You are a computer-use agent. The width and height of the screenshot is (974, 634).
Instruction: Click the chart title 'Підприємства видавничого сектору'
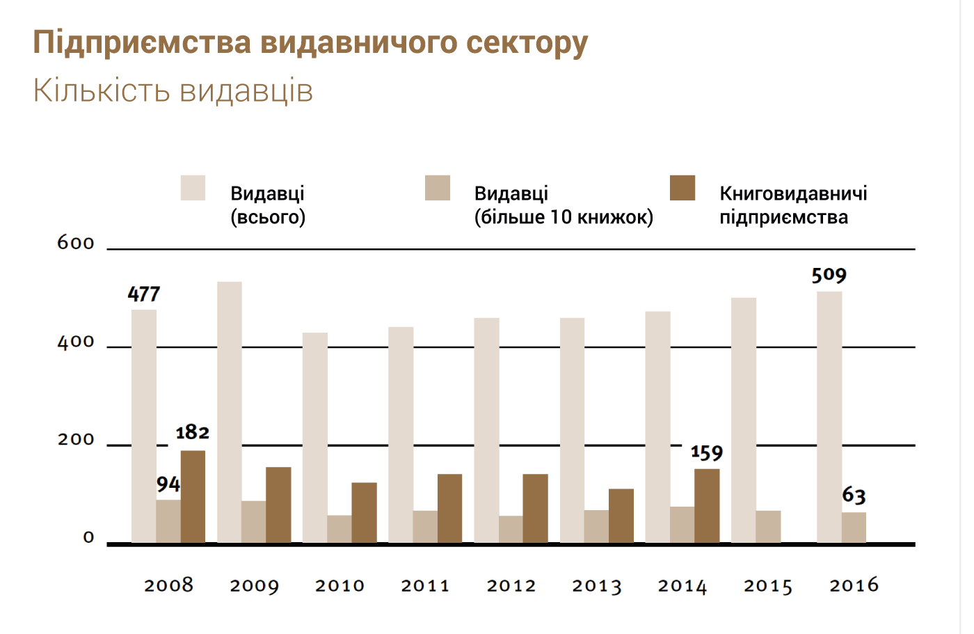coord(310,42)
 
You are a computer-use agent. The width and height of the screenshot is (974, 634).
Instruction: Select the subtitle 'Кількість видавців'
coord(173,90)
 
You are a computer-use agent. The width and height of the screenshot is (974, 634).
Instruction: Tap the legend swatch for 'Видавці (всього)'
coord(193,188)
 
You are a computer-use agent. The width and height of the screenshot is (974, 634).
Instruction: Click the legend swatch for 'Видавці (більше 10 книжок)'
coord(438,188)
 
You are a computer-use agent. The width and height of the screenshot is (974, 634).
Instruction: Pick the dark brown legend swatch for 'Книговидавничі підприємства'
coord(682,188)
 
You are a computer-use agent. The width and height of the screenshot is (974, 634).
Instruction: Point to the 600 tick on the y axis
coord(76,243)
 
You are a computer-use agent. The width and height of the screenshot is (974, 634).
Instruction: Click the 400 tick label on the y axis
coord(76,342)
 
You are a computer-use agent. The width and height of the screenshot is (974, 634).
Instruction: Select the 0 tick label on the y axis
coord(88,537)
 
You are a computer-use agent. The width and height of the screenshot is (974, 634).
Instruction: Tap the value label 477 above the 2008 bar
coord(144,294)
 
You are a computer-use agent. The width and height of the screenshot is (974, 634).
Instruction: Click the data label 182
coord(193,433)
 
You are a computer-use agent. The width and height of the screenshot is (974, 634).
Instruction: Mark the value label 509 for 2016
coord(829,276)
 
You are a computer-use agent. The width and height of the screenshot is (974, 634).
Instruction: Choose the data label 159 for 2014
coord(707,453)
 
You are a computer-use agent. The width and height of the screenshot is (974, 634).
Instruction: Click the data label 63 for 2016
coord(854,496)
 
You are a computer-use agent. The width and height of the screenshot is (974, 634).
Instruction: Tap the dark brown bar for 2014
coord(707,505)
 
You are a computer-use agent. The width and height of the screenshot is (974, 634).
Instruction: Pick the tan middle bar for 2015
coord(768,526)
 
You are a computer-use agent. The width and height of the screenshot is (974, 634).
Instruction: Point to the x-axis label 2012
coord(511,586)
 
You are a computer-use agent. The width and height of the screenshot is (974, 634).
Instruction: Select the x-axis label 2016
coord(854,585)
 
